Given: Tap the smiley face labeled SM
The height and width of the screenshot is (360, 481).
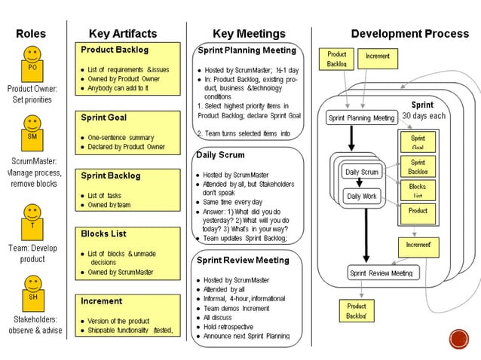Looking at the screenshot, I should pos(32,130).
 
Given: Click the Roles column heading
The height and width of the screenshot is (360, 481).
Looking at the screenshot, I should pos(31,34).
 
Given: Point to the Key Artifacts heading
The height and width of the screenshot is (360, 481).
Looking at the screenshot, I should pos(123,34).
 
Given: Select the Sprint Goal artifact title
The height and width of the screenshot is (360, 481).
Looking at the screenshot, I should pos(104,117).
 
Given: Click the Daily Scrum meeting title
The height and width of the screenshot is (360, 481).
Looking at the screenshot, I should pos(221,155).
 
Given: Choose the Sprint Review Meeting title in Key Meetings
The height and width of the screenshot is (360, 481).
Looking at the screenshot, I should pos(243,260).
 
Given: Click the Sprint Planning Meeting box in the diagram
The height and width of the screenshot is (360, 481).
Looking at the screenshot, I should pos(361,117).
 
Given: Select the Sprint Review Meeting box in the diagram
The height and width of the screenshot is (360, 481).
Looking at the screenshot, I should pos(383,273).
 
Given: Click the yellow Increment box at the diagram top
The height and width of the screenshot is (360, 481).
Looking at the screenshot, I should pos(378,56).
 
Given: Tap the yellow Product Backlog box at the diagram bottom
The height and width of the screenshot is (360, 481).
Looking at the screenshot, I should pos(357,311).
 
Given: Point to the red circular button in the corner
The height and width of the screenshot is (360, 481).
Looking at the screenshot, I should pos(458,339).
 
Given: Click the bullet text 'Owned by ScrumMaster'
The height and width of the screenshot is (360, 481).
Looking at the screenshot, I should pos(117,272).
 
